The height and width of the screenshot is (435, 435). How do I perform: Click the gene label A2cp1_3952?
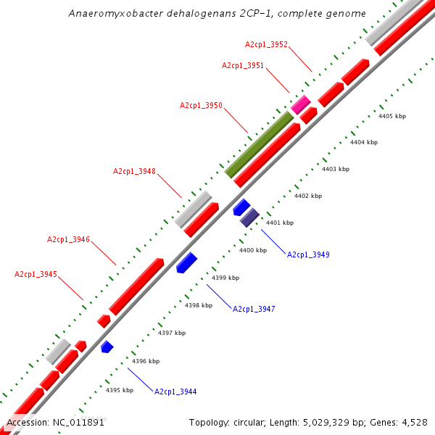pyautogui.click(x=266, y=45)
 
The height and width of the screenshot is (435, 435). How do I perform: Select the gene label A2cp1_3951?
pyautogui.click(x=243, y=66)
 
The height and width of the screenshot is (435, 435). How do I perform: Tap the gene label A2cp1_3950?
pyautogui.click(x=201, y=106)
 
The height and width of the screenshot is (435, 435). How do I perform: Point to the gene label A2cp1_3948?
pyautogui.click(x=134, y=172)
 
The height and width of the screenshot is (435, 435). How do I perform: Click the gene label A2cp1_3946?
pyautogui.click(x=68, y=240)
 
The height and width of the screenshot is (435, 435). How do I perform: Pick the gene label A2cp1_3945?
pyautogui.click(x=36, y=275)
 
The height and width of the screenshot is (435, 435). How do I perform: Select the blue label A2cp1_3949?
pyautogui.click(x=308, y=255)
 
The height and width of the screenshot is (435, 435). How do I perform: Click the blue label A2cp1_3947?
pyautogui.click(x=254, y=310)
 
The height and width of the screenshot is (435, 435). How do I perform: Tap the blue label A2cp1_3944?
pyautogui.click(x=175, y=391)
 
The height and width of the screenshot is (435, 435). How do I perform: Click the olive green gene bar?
pyautogui.click(x=259, y=145)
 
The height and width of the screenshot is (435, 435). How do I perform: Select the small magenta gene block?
pyautogui.click(x=301, y=104)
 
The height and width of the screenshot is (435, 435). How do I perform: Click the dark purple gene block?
pyautogui.click(x=249, y=216)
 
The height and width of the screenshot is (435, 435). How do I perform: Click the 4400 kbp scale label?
pyautogui.click(x=253, y=251)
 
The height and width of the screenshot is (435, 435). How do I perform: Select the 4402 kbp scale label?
pyautogui.click(x=308, y=196)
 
